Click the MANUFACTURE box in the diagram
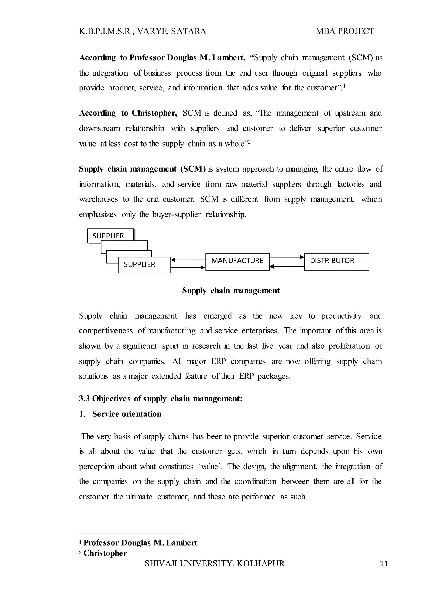(237, 261)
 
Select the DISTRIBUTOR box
(336, 261)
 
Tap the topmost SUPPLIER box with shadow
(110, 236)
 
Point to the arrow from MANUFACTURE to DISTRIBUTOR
(287, 257)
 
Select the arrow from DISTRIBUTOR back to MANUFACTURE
(287, 267)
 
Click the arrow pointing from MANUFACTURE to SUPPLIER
(188, 260)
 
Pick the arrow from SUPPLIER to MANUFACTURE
(188, 267)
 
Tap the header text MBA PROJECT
(345, 31)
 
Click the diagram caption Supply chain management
(231, 291)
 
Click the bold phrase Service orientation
(127, 414)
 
